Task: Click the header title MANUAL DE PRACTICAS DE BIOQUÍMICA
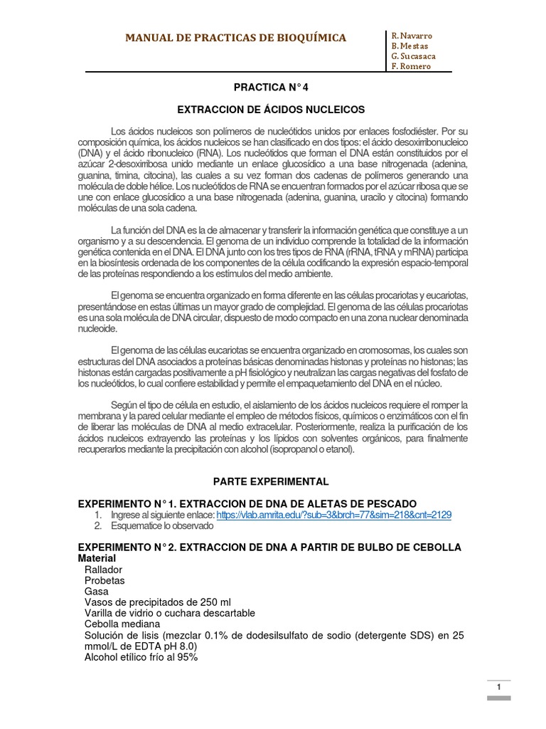pos(236,38)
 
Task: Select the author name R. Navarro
pos(412,36)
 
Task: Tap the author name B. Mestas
pos(410,46)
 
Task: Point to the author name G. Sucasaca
pos(414,56)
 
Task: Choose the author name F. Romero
pos(411,66)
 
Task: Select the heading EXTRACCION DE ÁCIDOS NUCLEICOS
pos(271,110)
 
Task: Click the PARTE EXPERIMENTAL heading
pos(272,481)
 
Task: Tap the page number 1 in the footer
pos(500,687)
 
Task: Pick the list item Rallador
pos(103,570)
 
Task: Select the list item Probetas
pos(105,581)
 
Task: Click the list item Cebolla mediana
pos(123,624)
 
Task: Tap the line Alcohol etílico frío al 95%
pos(141,657)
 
